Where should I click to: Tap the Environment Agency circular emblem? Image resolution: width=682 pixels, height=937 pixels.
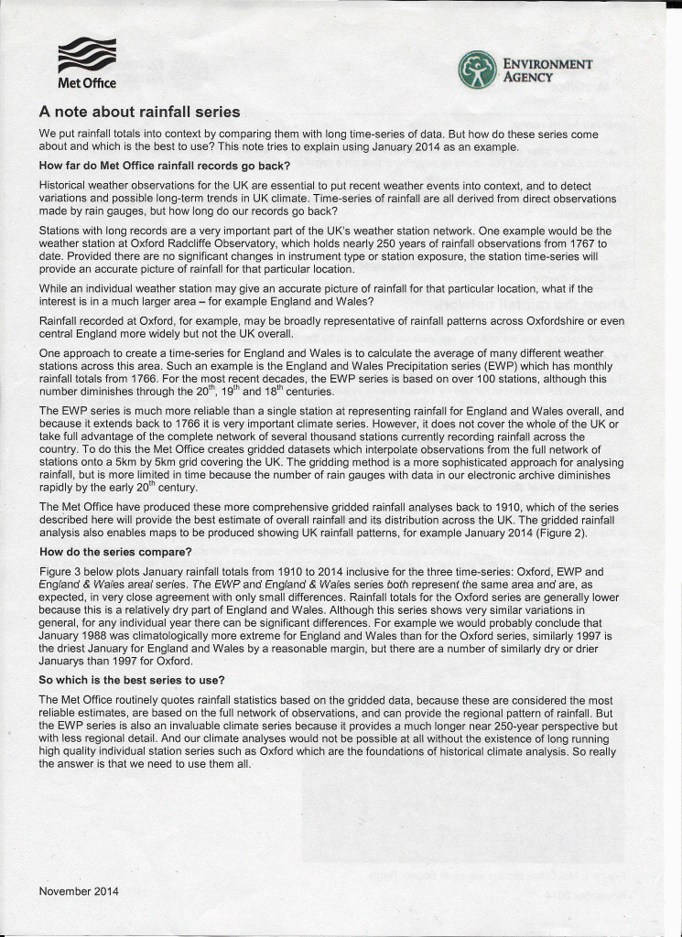[x=477, y=70]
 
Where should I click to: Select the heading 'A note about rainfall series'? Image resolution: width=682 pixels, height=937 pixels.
[x=139, y=113]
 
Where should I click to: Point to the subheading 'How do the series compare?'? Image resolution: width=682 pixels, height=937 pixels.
[x=115, y=552]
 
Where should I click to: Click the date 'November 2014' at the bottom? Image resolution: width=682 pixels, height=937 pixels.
[x=79, y=890]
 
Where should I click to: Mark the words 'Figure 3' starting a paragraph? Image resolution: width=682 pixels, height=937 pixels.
[x=60, y=570]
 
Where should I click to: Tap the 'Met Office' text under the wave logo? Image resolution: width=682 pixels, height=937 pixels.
[x=87, y=83]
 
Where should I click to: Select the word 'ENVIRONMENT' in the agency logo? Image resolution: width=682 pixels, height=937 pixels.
[x=547, y=64]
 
